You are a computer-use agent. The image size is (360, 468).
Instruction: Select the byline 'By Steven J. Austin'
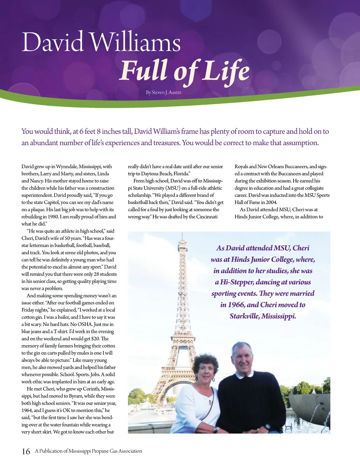tap(163, 92)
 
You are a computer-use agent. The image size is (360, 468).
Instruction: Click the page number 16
tap(26, 451)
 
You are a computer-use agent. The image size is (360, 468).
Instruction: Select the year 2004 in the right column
tap(271, 202)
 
